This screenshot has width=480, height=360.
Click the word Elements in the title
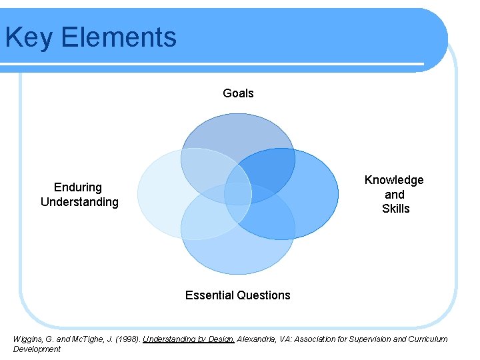[x=119, y=37]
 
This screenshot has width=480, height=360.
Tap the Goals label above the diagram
[x=238, y=93]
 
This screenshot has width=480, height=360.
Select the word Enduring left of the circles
[x=78, y=187]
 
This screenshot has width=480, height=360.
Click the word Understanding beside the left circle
[x=79, y=202]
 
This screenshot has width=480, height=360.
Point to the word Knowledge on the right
[x=394, y=180]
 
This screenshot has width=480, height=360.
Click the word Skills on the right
[x=395, y=209]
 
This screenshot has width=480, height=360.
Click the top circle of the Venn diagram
[x=238, y=133]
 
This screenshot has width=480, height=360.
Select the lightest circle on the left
[x=160, y=194]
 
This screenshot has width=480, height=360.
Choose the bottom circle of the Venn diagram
[x=238, y=253]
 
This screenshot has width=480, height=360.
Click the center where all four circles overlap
[x=238, y=193]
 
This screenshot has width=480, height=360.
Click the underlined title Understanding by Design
[x=189, y=339]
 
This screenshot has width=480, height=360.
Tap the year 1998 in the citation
[x=127, y=339]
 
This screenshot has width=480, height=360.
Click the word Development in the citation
[x=37, y=349]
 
